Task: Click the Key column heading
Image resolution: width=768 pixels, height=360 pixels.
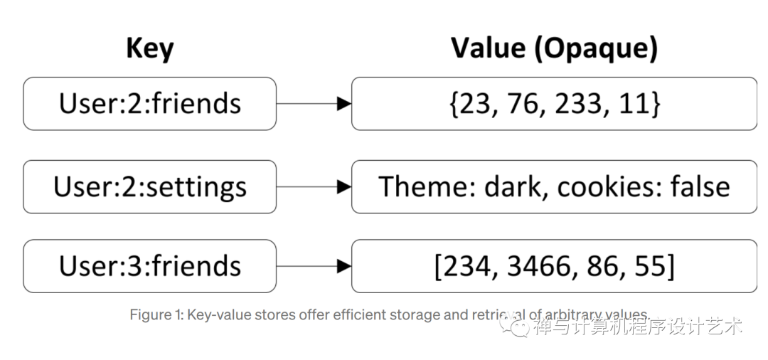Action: (x=150, y=48)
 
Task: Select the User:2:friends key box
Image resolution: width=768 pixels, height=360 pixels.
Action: (x=149, y=104)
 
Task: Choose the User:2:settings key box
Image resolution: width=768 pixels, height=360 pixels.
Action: (x=149, y=186)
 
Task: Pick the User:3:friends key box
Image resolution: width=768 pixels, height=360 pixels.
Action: (x=149, y=266)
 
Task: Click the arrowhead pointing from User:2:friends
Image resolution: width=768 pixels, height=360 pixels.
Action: (x=344, y=104)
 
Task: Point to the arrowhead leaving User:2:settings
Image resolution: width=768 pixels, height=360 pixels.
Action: (x=344, y=186)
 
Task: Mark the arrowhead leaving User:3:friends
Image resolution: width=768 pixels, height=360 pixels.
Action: (x=344, y=266)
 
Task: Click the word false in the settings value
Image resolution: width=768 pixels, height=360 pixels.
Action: (x=701, y=186)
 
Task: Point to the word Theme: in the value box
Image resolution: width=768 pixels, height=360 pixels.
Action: (x=427, y=186)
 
